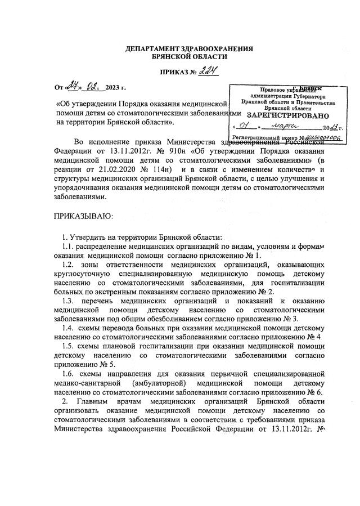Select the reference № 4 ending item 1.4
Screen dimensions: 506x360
pyautogui.click(x=314, y=337)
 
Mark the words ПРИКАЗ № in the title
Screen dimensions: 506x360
pyautogui.click(x=174, y=73)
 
